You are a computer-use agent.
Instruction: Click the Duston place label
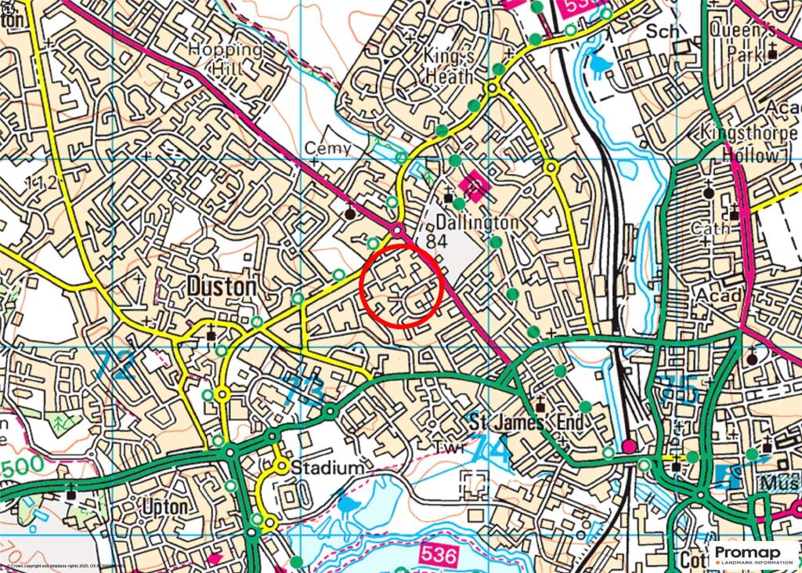[x=222, y=287]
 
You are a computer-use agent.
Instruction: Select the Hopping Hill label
[x=227, y=59]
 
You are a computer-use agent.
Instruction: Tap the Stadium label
[x=327, y=468]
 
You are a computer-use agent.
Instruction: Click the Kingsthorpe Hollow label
[x=749, y=143]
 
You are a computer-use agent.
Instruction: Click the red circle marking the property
[x=402, y=285]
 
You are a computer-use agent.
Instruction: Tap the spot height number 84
[x=437, y=242]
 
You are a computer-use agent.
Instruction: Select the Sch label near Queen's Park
[x=663, y=31]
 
